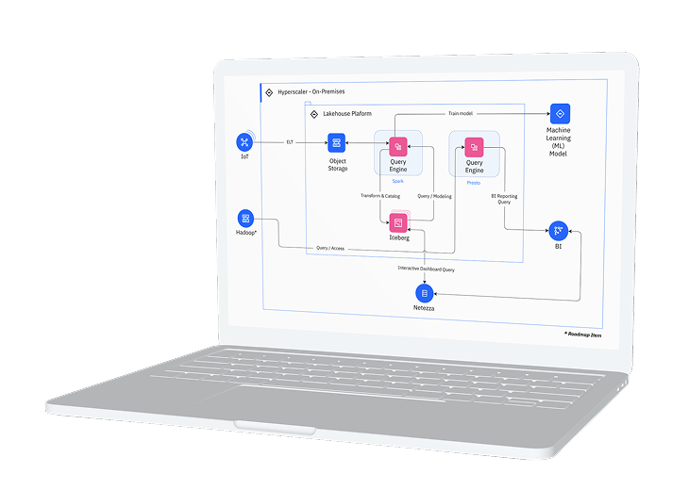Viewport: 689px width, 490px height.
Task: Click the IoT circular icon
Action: click(244, 142)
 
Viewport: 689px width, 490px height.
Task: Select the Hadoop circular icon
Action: click(245, 218)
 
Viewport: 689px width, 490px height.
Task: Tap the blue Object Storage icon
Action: click(336, 143)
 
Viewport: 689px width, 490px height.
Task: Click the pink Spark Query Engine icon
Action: click(397, 146)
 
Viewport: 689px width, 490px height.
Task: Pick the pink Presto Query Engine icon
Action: click(474, 146)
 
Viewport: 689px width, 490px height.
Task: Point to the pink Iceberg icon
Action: click(398, 222)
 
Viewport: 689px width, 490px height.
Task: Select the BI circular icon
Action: click(558, 229)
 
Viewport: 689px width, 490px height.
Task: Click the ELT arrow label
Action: click(290, 142)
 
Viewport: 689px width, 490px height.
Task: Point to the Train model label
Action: click(461, 114)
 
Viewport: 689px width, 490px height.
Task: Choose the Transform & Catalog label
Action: click(380, 196)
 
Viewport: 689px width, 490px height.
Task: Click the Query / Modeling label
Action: click(433, 196)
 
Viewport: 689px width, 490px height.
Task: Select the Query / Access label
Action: click(330, 249)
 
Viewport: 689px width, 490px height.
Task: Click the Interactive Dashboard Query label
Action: click(426, 269)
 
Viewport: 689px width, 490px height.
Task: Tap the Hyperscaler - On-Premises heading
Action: click(311, 92)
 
